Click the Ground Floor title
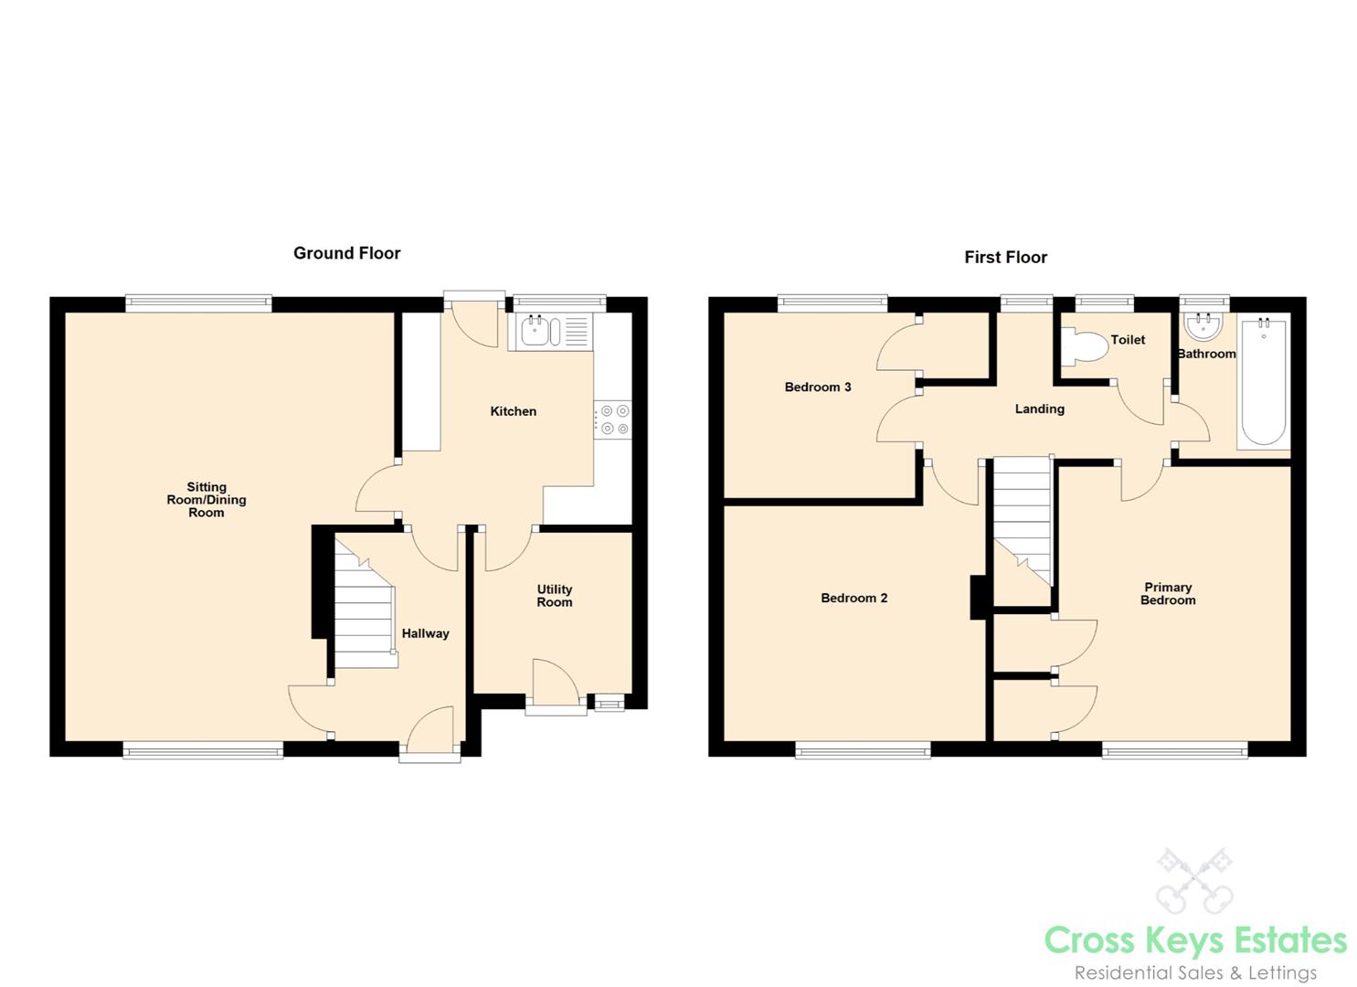(346, 253)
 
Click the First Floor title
(1005, 258)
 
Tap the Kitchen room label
(514, 411)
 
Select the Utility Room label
(555, 596)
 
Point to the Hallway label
(425, 633)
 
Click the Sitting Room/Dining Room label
(207, 500)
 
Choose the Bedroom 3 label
(818, 387)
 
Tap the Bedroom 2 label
(854, 598)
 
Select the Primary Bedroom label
(1168, 594)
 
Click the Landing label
(1040, 409)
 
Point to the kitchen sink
(552, 332)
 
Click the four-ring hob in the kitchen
(613, 419)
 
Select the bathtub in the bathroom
(1263, 382)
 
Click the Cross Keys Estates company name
(1195, 941)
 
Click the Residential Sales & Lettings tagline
(1195, 973)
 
